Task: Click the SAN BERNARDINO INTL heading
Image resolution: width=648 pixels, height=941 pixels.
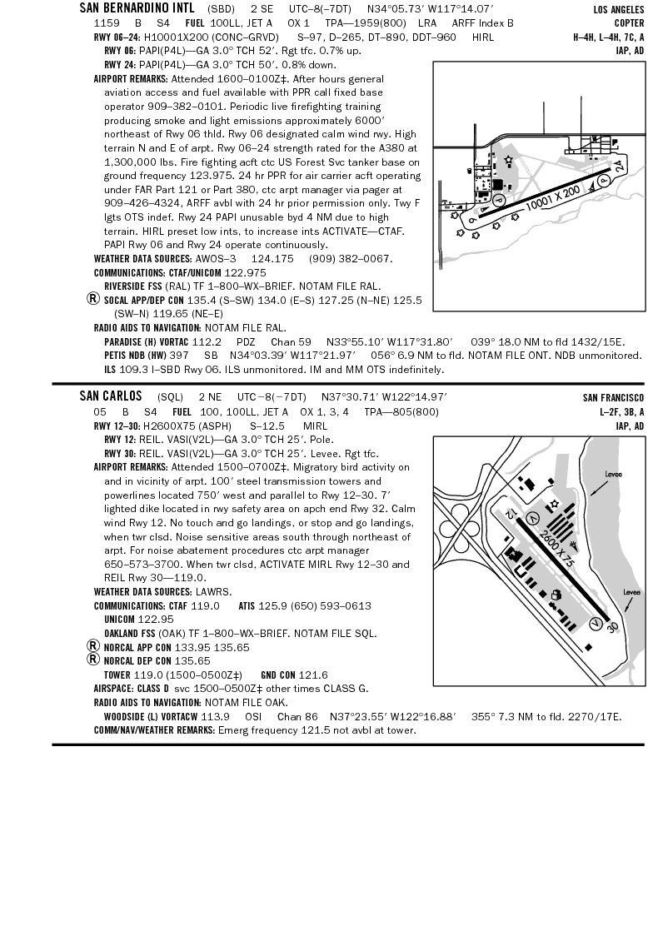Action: (137, 8)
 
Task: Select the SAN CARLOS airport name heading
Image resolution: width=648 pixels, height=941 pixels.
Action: (111, 396)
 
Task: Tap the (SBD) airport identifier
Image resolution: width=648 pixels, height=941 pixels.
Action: (221, 8)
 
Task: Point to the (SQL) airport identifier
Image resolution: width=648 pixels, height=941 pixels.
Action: (170, 397)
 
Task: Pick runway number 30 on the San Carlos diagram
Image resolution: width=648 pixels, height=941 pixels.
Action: (613, 626)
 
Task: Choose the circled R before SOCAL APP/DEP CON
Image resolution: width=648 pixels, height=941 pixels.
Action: (94, 299)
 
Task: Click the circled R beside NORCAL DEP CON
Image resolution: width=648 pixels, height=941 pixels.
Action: (94, 660)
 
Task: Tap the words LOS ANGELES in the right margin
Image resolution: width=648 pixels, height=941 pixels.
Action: (617, 9)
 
